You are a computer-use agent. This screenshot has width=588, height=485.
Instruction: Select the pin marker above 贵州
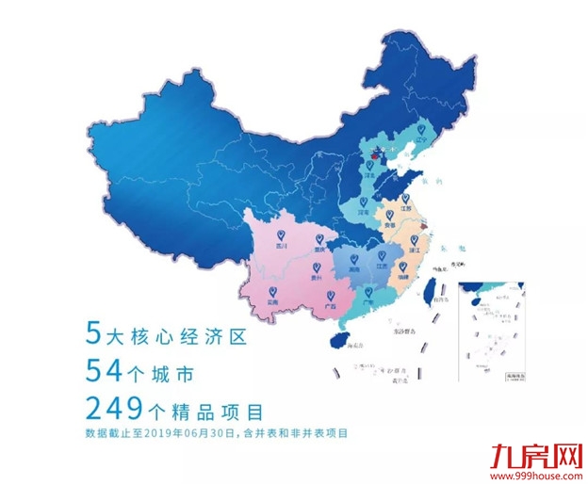point(318,266)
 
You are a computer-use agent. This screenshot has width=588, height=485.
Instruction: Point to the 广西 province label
point(330,306)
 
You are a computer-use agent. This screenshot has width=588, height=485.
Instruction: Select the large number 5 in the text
point(91,332)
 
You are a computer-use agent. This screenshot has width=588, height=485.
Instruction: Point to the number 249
point(114,410)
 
